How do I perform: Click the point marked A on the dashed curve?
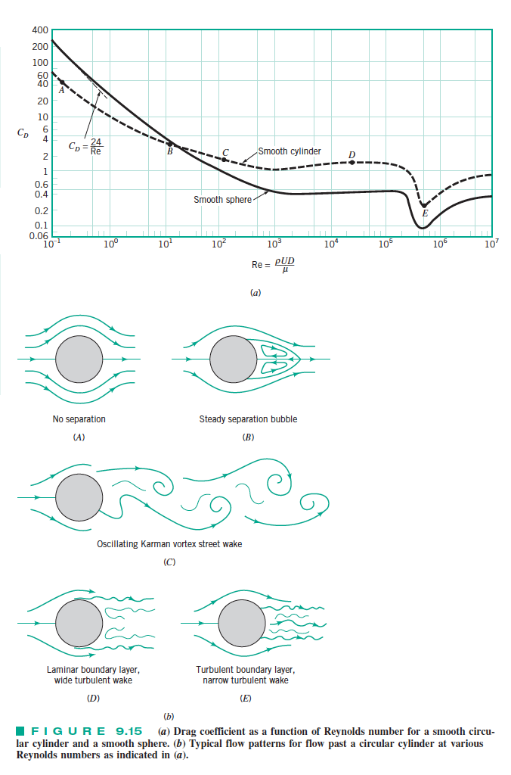click(63, 82)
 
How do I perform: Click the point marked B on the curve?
click(170, 144)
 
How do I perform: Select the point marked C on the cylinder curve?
click(225, 159)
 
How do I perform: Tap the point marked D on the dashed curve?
click(352, 163)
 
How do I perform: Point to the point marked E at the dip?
click(424, 205)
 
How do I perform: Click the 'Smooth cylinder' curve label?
click(290, 151)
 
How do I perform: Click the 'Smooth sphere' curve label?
click(220, 200)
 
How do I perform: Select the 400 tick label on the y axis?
click(40, 31)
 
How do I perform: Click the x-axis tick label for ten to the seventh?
click(491, 244)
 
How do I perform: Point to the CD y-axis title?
click(25, 132)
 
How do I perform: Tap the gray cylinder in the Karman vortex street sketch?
click(79, 497)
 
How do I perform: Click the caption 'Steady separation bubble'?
click(248, 419)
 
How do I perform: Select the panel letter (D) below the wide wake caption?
click(94, 698)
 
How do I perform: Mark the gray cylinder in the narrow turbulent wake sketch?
click(240, 622)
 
